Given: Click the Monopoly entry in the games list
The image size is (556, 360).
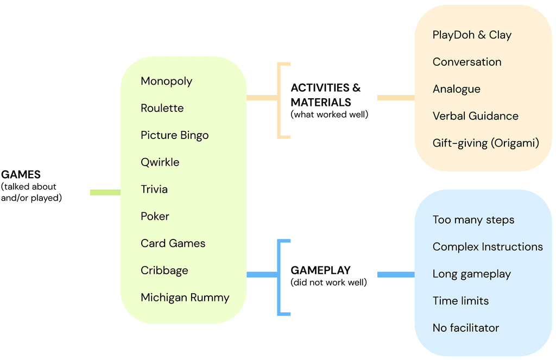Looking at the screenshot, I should [166, 81].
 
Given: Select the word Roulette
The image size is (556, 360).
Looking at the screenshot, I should [162, 108].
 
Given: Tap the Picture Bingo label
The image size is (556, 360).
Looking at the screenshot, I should [174, 135].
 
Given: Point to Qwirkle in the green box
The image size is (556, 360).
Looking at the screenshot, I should [160, 162].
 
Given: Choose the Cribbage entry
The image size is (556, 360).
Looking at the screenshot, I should [164, 270].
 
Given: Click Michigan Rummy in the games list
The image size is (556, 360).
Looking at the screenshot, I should [185, 298].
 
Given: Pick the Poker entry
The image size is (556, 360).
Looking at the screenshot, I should [155, 216].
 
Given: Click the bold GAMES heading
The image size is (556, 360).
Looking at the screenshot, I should [21, 175].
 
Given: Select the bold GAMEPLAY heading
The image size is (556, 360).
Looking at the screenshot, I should [320, 270].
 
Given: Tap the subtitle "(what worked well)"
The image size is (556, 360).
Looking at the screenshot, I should [329, 115].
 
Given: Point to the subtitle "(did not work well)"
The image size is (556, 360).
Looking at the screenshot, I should [328, 282].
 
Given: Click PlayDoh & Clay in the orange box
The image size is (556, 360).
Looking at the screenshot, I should [472, 35].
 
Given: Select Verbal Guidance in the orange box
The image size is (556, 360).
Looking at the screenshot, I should [475, 116].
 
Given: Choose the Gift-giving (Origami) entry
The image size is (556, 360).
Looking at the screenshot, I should [485, 143].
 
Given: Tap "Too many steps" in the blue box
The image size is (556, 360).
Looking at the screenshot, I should [473, 220].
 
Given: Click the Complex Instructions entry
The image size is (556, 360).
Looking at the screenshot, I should [487, 247].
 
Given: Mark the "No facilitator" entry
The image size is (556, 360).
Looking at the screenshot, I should [465, 328].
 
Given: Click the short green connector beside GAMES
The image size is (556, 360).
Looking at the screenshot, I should [105, 192].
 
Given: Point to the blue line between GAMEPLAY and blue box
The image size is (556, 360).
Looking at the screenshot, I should [395, 275].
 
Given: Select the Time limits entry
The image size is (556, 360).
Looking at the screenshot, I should [460, 301].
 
